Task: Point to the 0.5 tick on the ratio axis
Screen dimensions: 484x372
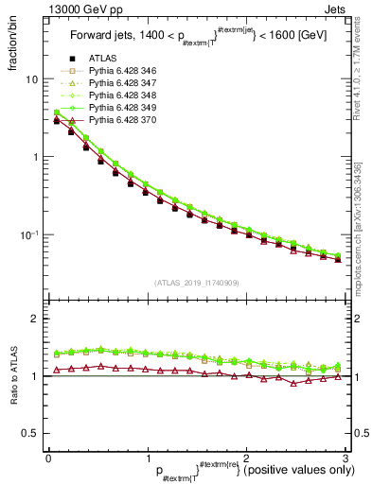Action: (28, 434)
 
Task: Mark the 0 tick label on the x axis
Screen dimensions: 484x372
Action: (48, 457)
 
